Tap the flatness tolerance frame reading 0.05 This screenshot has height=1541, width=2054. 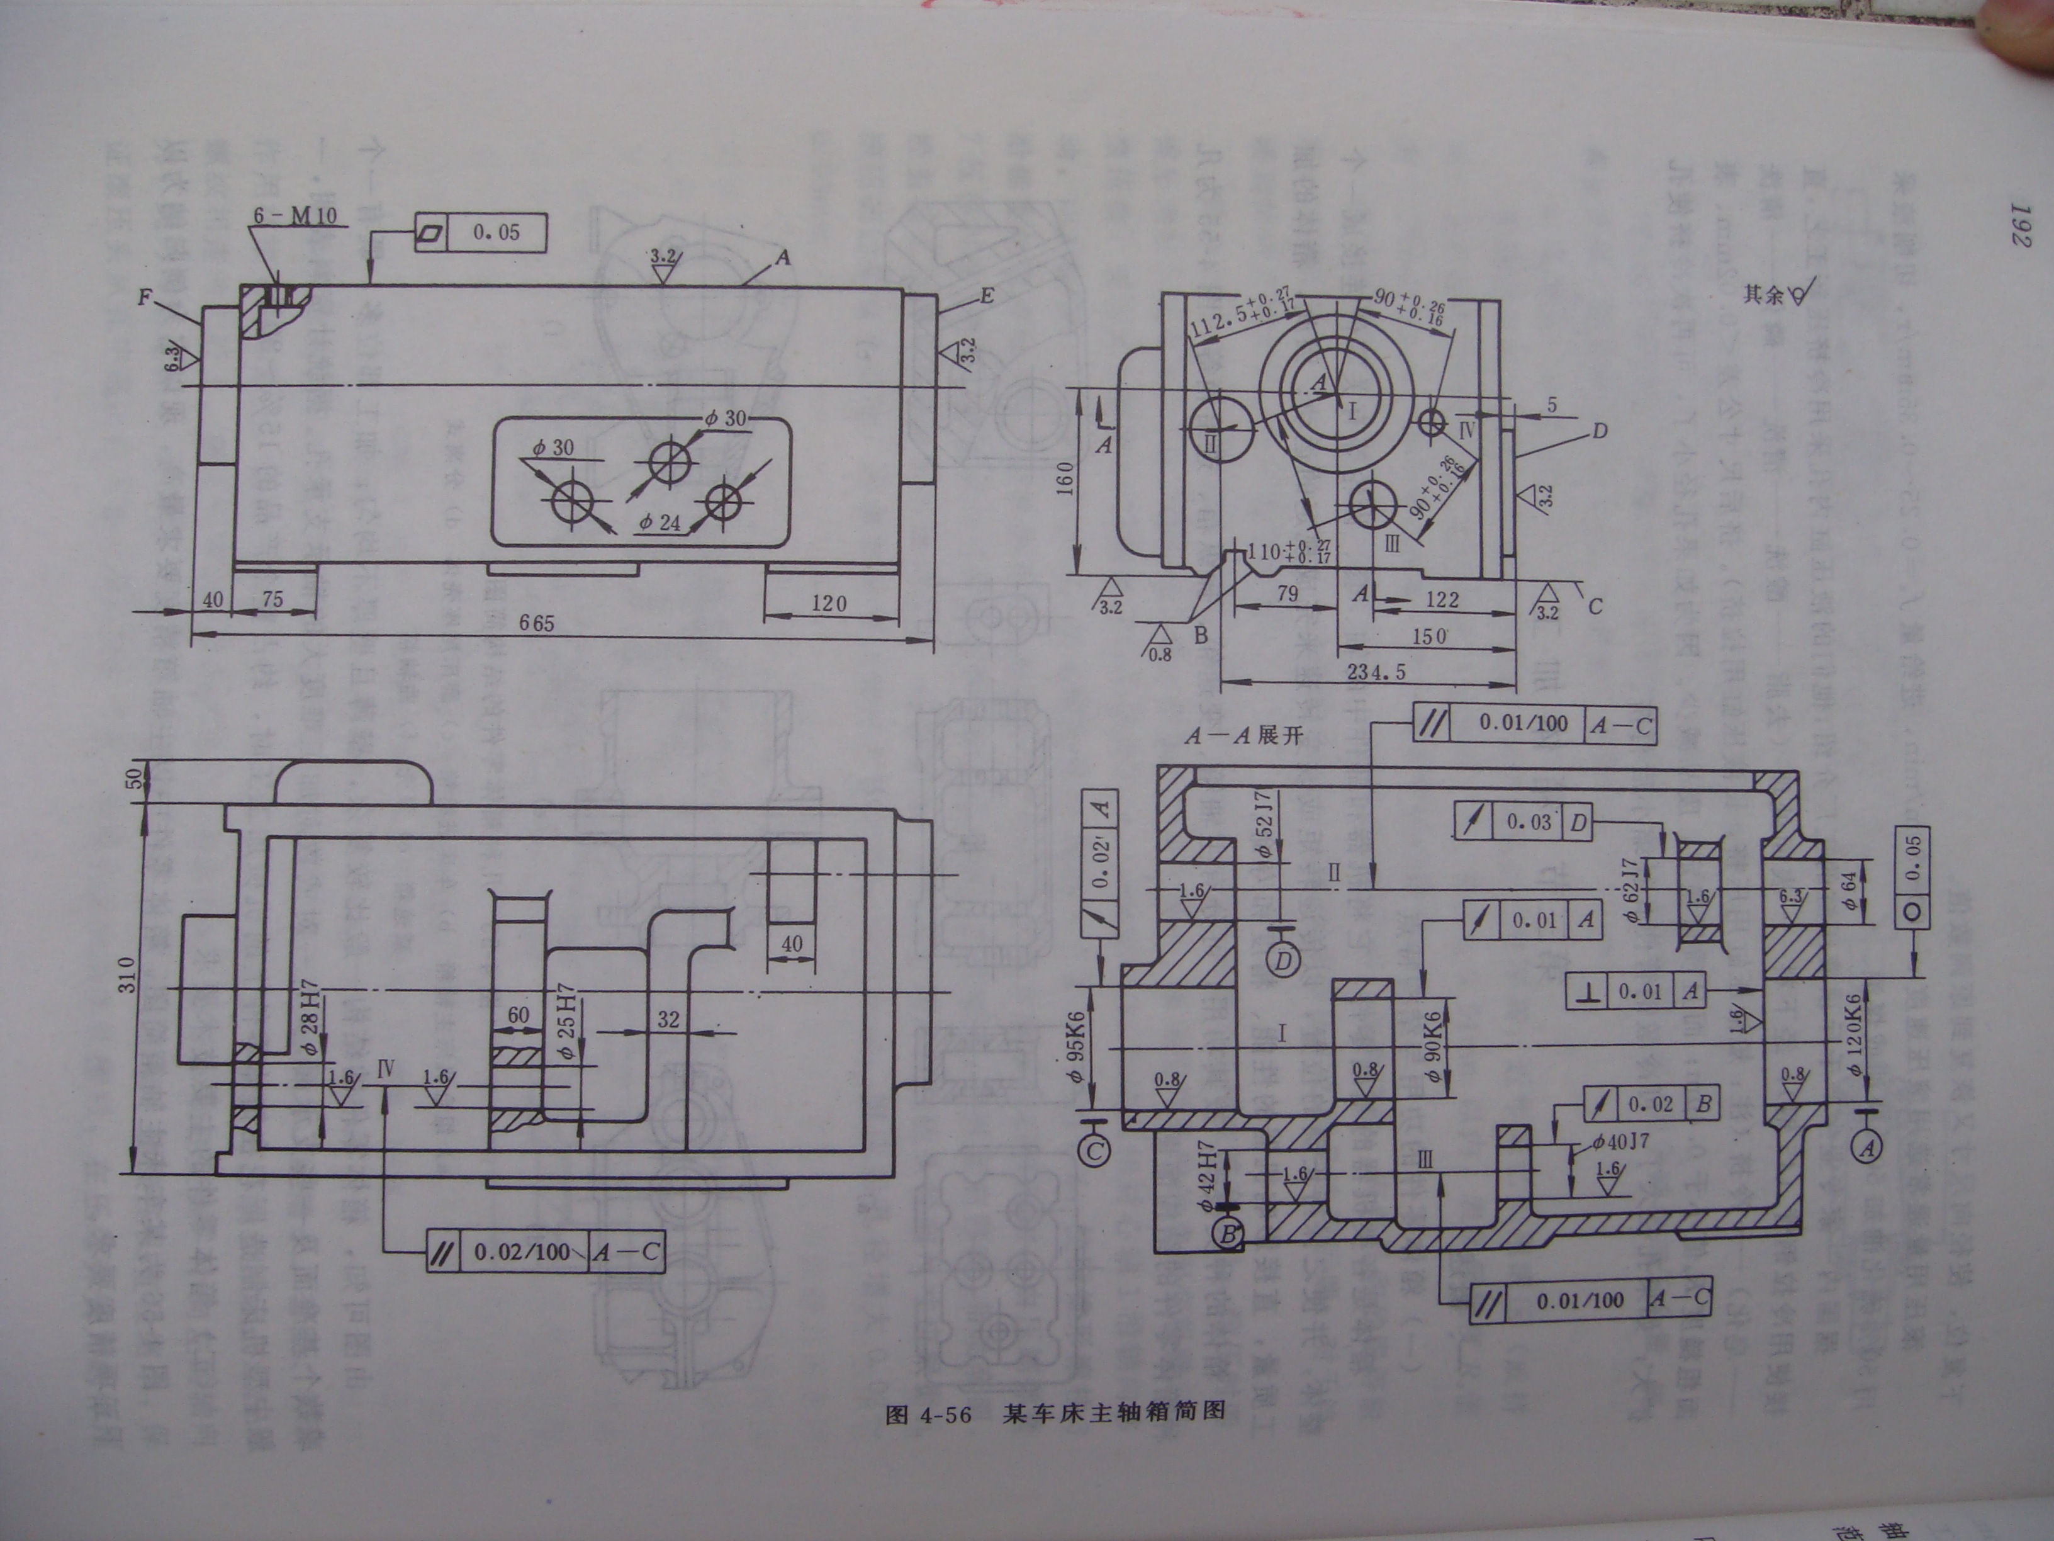pyautogui.click(x=479, y=233)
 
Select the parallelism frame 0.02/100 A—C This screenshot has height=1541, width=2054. pyautogui.click(x=546, y=1252)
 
